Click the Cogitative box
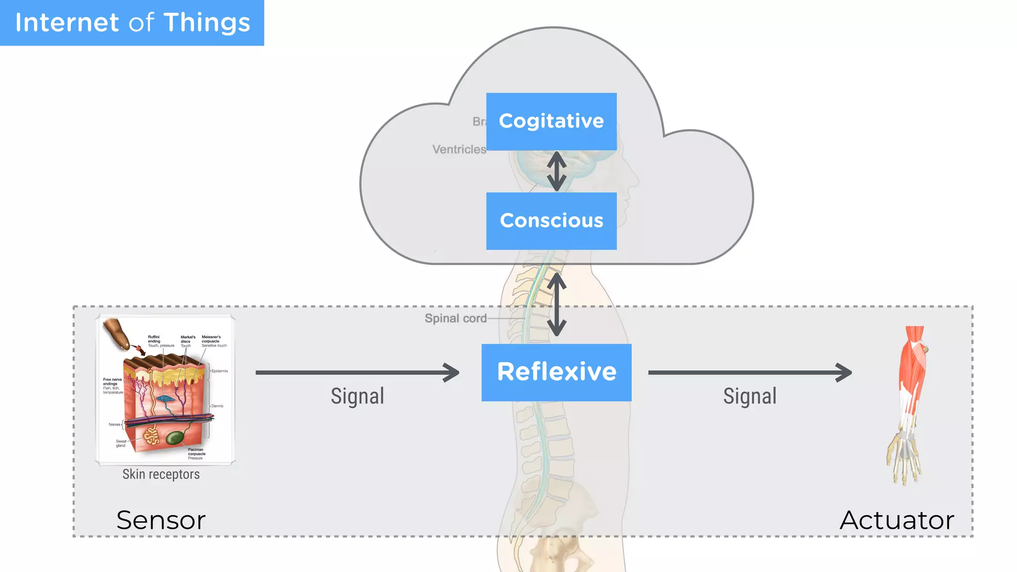(x=551, y=121)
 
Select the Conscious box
(x=551, y=220)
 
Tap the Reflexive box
(x=556, y=372)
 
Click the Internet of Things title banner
(x=132, y=23)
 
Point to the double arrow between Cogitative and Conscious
(x=557, y=171)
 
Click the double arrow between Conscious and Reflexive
(x=557, y=304)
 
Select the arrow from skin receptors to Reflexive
(x=358, y=372)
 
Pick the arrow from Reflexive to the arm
(x=750, y=372)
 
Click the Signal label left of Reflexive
(x=358, y=396)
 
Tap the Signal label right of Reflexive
(x=750, y=396)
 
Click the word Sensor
(x=161, y=520)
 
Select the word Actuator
(x=897, y=520)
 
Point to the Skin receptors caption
(x=161, y=474)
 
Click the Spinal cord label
(x=455, y=318)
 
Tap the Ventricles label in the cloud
(x=459, y=149)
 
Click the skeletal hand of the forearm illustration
(x=904, y=457)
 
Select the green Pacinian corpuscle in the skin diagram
(x=175, y=437)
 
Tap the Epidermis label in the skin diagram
(x=219, y=371)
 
